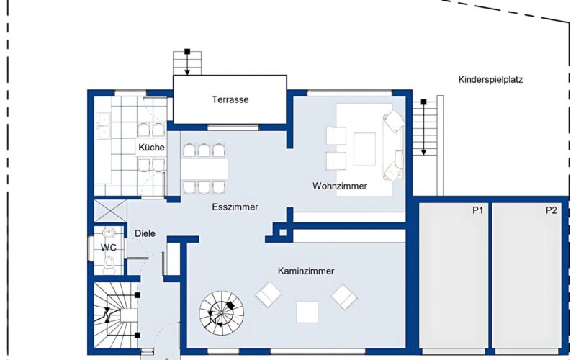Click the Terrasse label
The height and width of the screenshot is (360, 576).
[x=230, y=99]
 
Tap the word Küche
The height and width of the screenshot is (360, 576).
[x=151, y=148]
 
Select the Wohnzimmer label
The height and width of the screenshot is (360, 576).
[x=340, y=186]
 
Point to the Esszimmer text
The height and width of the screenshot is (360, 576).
[x=235, y=207]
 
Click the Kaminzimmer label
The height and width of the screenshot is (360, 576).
[x=306, y=271]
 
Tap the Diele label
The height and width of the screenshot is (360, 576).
[x=145, y=233]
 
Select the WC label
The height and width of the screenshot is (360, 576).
[x=109, y=248]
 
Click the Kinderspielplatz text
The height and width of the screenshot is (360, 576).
[x=490, y=79]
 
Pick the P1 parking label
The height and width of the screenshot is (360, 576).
[x=477, y=210]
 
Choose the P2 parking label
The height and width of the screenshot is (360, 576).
[x=551, y=210]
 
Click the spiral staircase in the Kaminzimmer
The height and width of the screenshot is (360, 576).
[x=222, y=313]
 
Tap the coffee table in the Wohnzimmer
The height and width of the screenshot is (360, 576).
[x=365, y=149]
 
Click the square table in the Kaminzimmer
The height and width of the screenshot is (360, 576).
[x=307, y=312]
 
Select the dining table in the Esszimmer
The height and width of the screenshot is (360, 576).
[x=204, y=169]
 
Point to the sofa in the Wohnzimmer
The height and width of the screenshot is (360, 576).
[x=393, y=145]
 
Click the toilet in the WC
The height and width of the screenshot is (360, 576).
[x=109, y=264]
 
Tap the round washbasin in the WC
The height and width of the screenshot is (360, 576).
[x=109, y=232]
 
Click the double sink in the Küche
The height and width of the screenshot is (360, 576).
[x=103, y=125]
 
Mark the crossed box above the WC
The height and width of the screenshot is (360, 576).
[x=111, y=210]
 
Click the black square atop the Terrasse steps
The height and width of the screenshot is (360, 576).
[x=187, y=51]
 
